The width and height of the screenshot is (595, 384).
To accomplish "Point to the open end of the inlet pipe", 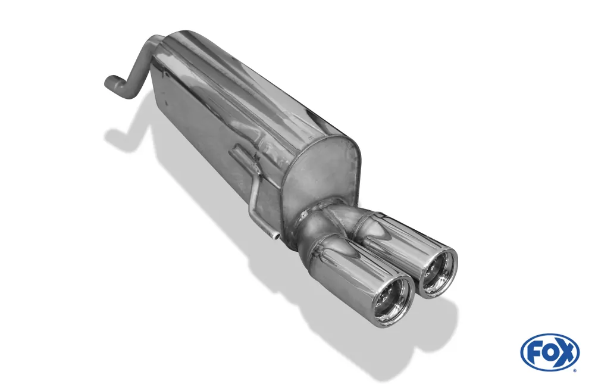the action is (107, 82).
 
